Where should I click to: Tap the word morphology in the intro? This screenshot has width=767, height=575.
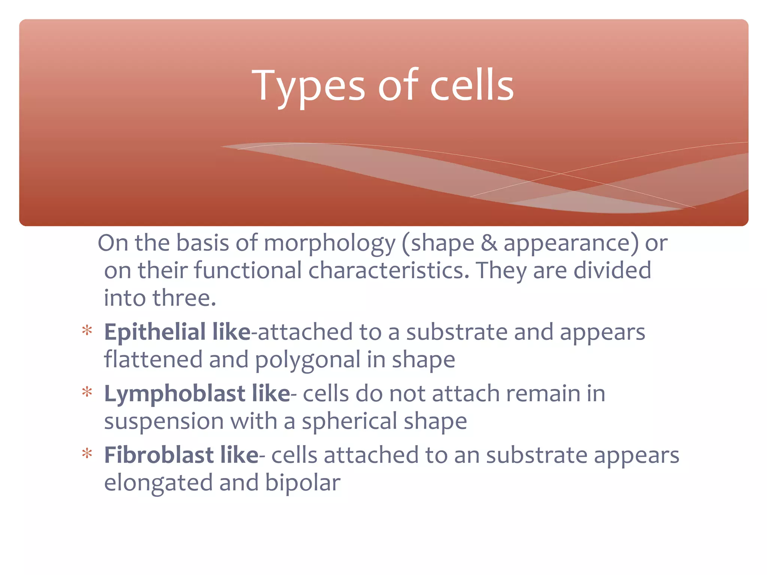(330, 243)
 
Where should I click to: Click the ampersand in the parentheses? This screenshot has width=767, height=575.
(489, 243)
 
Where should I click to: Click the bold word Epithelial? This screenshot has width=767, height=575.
(155, 332)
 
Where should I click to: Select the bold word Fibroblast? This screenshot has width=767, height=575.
(159, 455)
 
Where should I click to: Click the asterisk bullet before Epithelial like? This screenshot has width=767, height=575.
(87, 331)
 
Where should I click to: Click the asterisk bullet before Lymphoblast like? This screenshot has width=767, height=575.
(87, 393)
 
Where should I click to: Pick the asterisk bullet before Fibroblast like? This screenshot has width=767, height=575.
(87, 454)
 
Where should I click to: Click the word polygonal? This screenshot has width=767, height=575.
(307, 360)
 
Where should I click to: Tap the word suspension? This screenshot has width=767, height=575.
(164, 422)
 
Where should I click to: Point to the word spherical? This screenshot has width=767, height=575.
(349, 422)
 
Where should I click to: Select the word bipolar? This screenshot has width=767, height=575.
(303, 483)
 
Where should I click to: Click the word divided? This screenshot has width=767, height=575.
(612, 270)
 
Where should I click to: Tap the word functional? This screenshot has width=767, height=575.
(248, 270)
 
